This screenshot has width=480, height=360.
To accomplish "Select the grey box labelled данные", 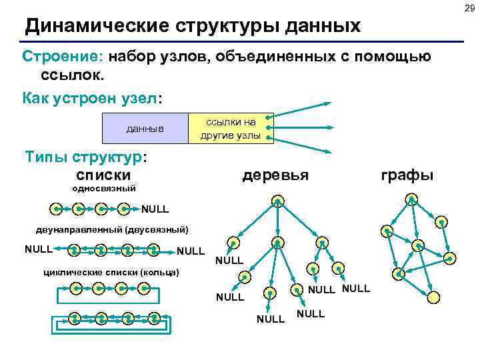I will [145, 128].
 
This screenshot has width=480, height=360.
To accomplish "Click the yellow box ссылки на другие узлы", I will [231, 128].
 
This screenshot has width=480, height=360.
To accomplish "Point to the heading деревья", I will [275, 175].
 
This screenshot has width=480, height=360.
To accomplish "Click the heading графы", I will [407, 175].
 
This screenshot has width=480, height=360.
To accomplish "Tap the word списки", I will [104, 175].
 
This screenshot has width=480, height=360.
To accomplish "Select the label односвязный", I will [103, 189].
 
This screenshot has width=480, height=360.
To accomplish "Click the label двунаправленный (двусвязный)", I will [112, 230].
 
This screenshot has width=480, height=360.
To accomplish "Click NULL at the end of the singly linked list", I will [155, 209].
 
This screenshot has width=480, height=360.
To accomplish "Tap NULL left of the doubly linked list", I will [38, 250].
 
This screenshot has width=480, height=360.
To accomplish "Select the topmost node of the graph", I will [412, 198].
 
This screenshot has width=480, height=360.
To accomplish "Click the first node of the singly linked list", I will [58, 209].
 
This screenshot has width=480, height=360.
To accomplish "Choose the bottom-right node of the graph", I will [433, 296].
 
